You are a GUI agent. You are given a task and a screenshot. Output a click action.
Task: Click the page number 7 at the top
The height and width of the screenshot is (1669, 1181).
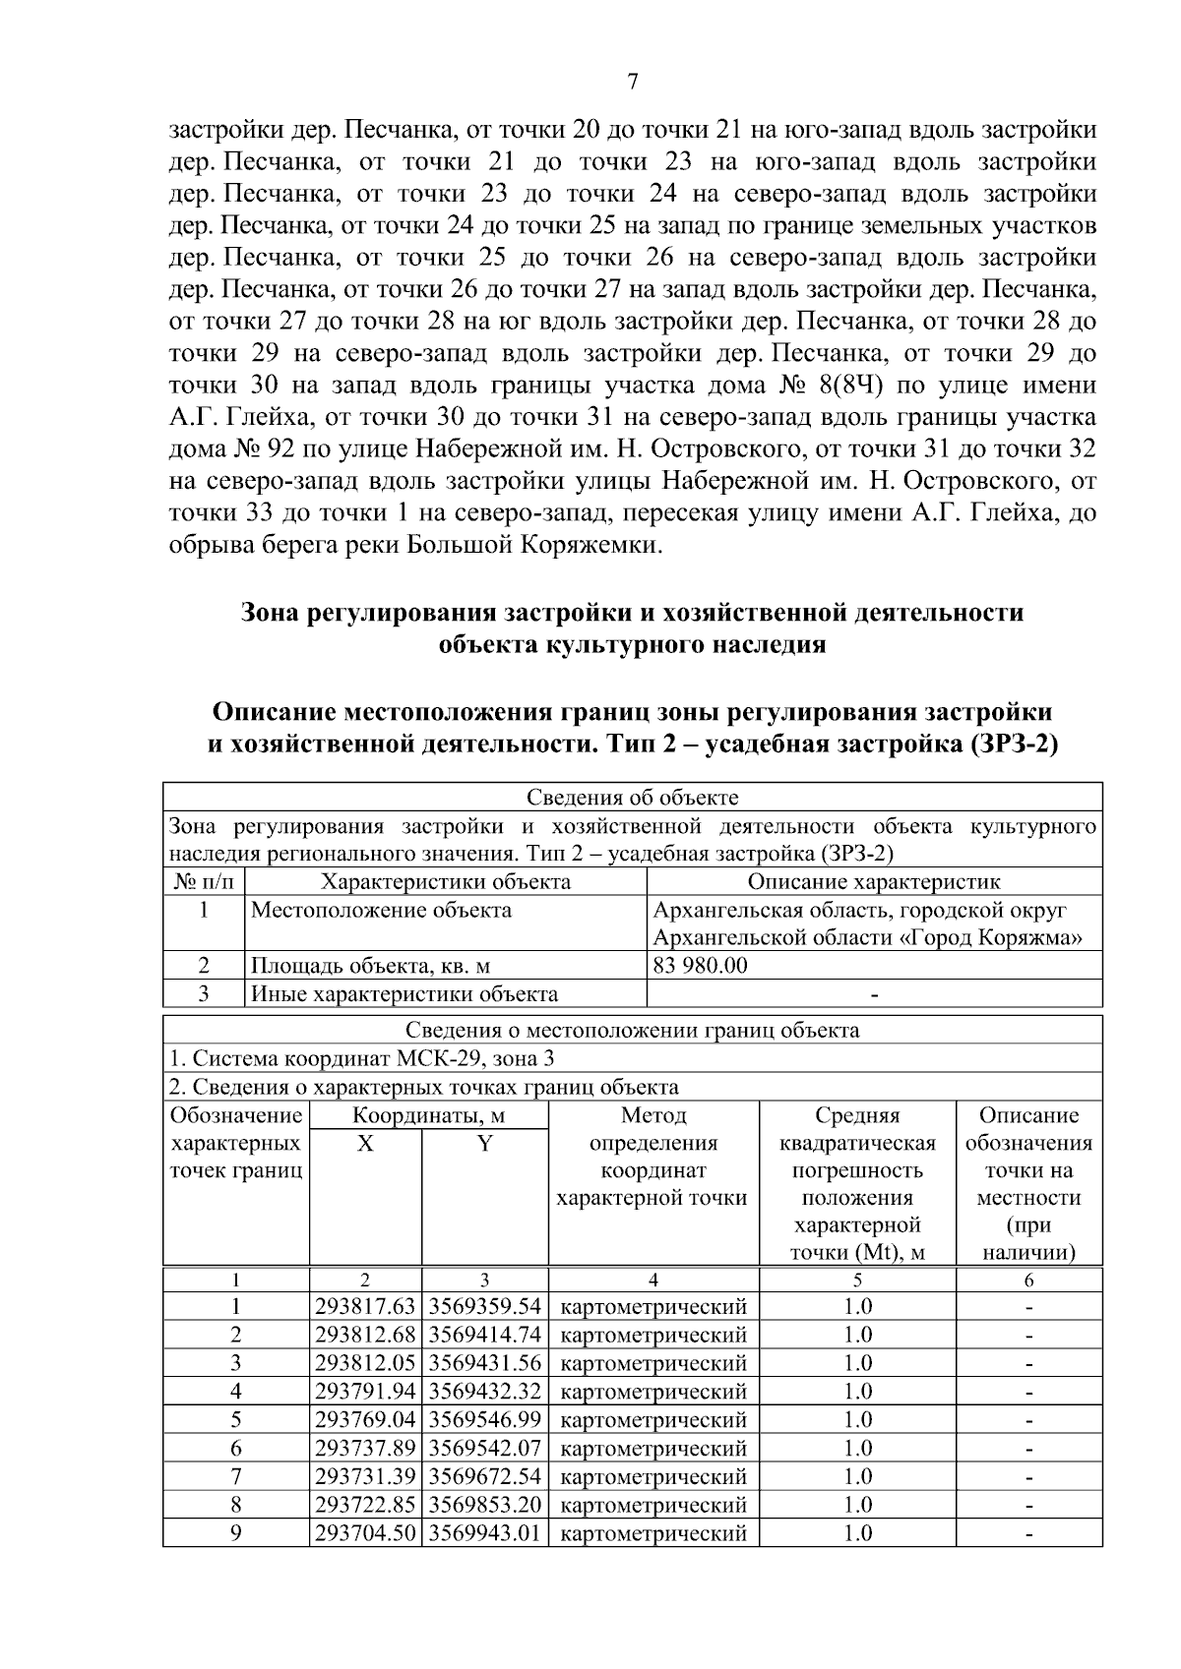pyautogui.click(x=633, y=83)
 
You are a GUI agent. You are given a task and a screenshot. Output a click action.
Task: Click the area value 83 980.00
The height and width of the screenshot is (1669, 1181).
pyautogui.click(x=700, y=965)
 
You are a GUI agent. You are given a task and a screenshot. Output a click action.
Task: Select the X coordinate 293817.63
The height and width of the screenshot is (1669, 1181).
pyautogui.click(x=365, y=1307)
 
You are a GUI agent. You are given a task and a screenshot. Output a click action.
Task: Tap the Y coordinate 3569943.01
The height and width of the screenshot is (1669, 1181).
pyautogui.click(x=485, y=1533)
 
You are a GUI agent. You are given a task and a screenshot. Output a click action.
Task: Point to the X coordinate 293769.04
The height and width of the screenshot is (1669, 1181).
pyautogui.click(x=365, y=1420)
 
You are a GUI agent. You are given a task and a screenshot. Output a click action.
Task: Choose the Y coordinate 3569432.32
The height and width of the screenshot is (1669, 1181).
pyautogui.click(x=485, y=1392)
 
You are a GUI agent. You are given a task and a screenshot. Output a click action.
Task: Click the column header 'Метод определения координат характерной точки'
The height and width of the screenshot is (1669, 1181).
pyautogui.click(x=653, y=1157)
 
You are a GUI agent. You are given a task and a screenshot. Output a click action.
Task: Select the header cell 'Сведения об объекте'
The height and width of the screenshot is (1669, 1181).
pyautogui.click(x=632, y=798)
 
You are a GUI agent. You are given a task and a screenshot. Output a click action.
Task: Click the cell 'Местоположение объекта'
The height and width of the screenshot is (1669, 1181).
pyautogui.click(x=381, y=910)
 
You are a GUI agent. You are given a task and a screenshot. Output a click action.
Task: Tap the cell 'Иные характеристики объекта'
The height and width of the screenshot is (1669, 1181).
pyautogui.click(x=404, y=993)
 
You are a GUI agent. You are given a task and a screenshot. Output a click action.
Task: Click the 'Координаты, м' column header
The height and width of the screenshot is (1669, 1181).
pyautogui.click(x=428, y=1115)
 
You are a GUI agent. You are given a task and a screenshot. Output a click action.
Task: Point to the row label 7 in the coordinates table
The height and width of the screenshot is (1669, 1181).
pyautogui.click(x=236, y=1476)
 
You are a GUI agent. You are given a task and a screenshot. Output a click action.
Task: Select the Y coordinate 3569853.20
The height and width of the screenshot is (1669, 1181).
pyautogui.click(x=485, y=1505)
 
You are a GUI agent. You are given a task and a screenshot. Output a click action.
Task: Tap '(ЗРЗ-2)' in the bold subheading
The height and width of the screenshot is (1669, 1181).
pyautogui.click(x=1014, y=744)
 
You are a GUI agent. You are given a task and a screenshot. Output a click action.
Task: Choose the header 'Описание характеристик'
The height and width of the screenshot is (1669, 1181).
pyautogui.click(x=873, y=881)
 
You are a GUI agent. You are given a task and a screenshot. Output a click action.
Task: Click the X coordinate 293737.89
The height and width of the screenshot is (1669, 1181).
pyautogui.click(x=365, y=1448)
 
